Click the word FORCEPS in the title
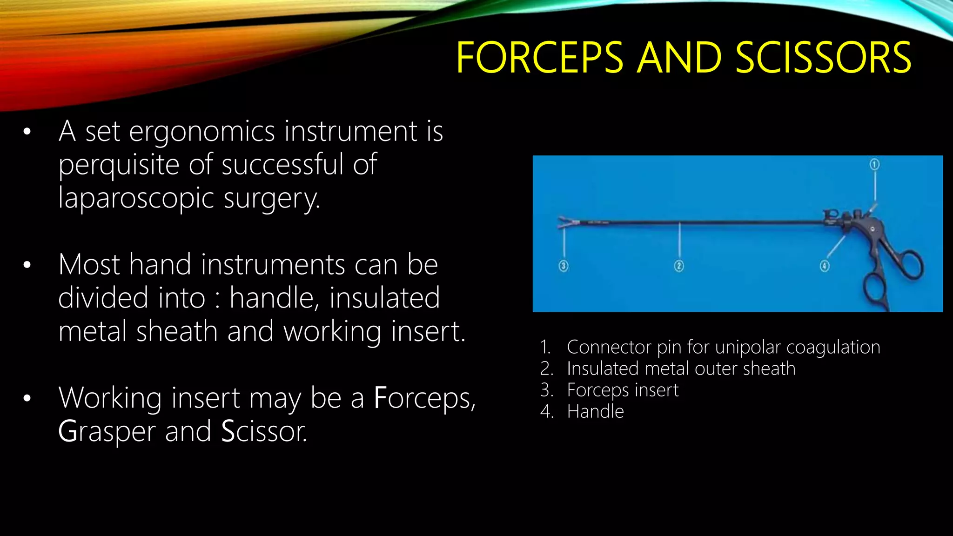tap(539, 58)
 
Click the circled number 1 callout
tap(874, 164)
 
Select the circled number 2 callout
tap(679, 266)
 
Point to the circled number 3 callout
tap(564, 266)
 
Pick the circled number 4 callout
tap(825, 266)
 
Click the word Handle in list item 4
tap(595, 412)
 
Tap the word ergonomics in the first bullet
tap(201, 132)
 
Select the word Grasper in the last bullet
tap(106, 431)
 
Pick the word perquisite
tap(118, 165)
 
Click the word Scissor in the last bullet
tap(263, 431)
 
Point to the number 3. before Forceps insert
tap(547, 390)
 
